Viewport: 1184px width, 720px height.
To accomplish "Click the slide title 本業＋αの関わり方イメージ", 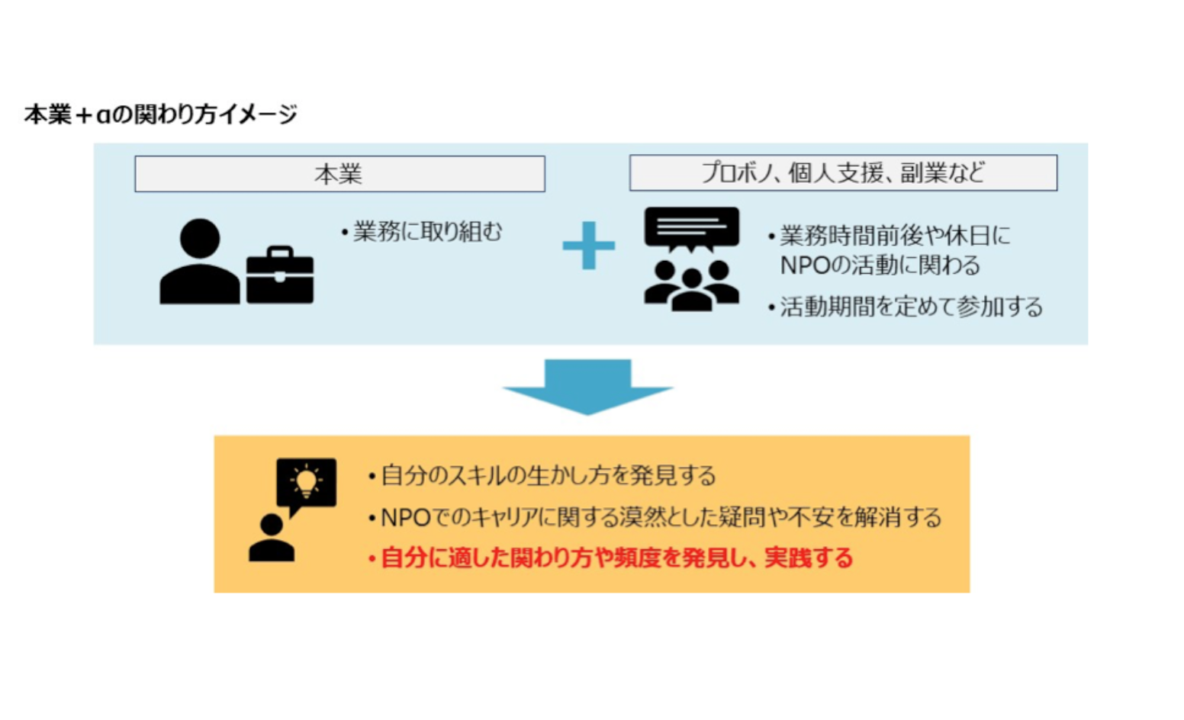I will tap(160, 114).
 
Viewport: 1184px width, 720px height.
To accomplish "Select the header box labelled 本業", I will tap(339, 174).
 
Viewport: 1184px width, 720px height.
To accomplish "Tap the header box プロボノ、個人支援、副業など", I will tap(843, 173).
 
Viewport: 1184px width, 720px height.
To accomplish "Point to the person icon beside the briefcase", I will tap(199, 262).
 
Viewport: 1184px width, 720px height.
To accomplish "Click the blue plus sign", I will tap(588, 246).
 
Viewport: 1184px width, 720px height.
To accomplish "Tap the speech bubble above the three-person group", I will tap(691, 228).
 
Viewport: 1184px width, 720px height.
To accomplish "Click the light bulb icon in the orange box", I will tap(307, 483).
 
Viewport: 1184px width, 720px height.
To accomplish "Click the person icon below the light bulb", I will tap(272, 539).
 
